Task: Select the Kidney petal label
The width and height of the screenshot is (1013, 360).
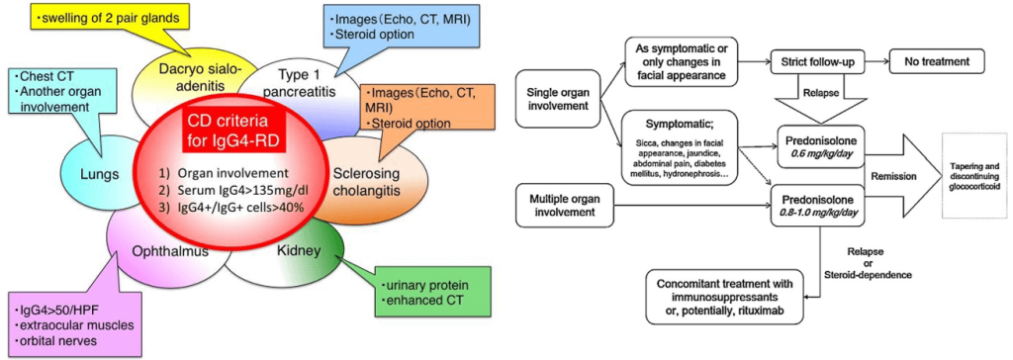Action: coord(301,251)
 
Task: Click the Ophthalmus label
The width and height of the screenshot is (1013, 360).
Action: coord(170,251)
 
